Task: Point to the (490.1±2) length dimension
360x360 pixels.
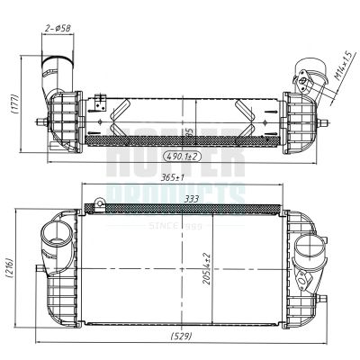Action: point(181,156)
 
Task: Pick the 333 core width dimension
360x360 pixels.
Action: point(191,200)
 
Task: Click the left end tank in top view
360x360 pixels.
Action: point(65,117)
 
